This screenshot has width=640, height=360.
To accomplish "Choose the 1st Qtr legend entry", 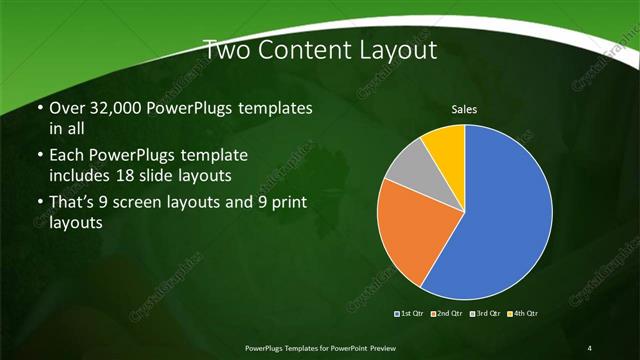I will tap(410, 314).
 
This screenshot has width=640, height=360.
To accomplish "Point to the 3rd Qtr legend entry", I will tap(486, 314).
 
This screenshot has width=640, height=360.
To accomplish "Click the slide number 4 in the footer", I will tap(590, 347).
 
